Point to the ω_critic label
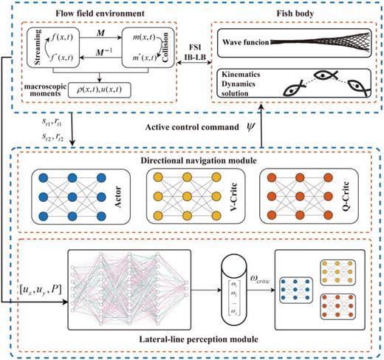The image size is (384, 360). (249, 279)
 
